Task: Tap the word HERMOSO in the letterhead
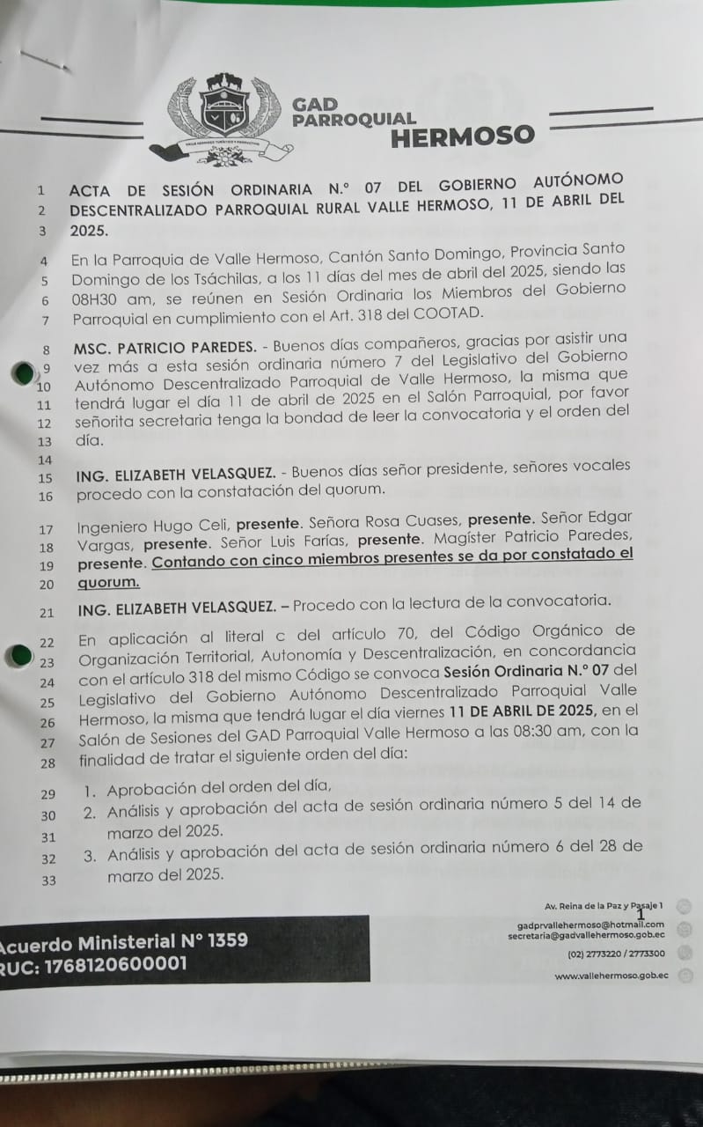(x=462, y=136)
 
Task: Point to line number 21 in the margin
(x=47, y=612)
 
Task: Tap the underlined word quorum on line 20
(x=108, y=583)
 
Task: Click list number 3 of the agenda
(x=90, y=855)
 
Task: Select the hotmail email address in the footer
(x=590, y=924)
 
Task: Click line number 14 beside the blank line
(x=47, y=460)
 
